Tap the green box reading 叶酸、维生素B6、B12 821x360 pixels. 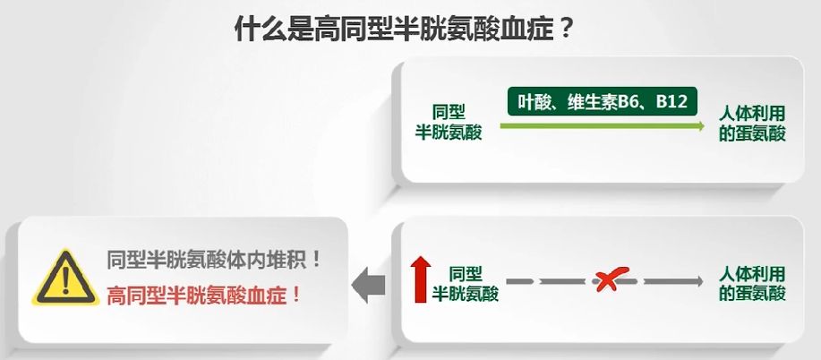603,102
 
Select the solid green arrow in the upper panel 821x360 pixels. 600,127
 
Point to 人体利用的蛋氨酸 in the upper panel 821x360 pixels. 753,123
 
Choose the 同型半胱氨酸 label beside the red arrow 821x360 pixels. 466,282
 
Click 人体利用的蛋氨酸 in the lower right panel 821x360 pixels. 753,282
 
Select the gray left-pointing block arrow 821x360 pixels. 368,284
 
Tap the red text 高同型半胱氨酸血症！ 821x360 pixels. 202,295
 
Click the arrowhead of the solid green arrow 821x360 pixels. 700,127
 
